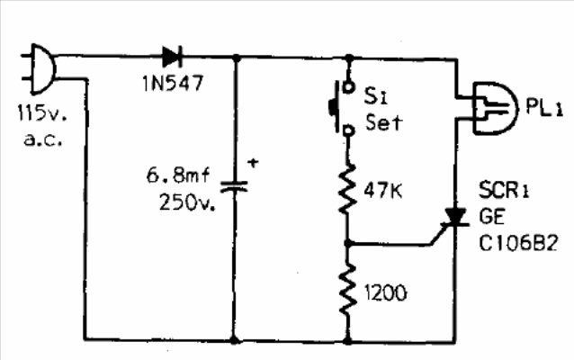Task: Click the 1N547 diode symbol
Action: (x=172, y=57)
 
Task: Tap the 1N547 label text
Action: (x=173, y=83)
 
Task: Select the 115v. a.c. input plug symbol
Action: (x=40, y=68)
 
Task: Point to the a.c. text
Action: (x=43, y=139)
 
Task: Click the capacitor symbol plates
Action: (x=234, y=187)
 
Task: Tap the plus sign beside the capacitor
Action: (x=253, y=162)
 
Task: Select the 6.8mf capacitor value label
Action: (x=178, y=175)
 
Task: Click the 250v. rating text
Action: (x=187, y=202)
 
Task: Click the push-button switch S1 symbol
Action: (x=342, y=108)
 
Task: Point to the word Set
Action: (x=383, y=122)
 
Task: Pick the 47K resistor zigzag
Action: (x=347, y=189)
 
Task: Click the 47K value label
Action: (x=383, y=191)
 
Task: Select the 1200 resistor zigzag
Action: (x=347, y=289)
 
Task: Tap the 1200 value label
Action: (x=385, y=292)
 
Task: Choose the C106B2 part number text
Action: (x=518, y=243)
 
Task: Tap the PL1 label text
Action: (x=543, y=108)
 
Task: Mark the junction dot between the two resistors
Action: (x=348, y=243)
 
